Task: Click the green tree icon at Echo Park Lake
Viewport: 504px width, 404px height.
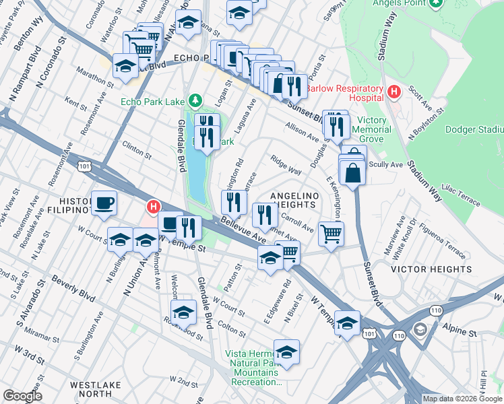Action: pyautogui.click(x=195, y=101)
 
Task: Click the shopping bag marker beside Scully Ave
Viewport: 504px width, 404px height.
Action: pyautogui.click(x=353, y=172)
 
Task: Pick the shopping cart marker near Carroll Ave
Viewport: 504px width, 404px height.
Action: pyautogui.click(x=331, y=234)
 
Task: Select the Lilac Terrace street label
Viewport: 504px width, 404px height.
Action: pyautogui.click(x=460, y=195)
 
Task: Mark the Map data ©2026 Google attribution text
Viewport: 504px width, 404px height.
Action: pyautogui.click(x=462, y=399)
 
